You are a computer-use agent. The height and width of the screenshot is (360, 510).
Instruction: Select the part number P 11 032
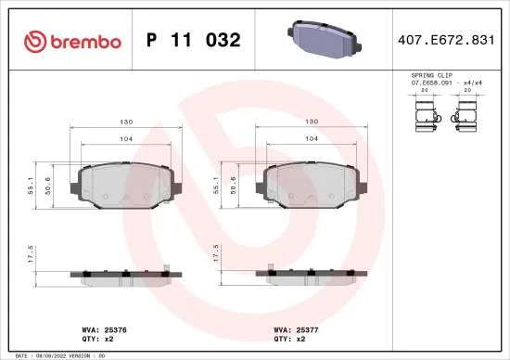click(x=194, y=41)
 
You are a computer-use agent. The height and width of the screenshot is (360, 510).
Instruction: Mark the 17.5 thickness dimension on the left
click(x=32, y=255)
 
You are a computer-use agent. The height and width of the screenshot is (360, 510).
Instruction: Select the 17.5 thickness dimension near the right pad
click(x=216, y=255)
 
